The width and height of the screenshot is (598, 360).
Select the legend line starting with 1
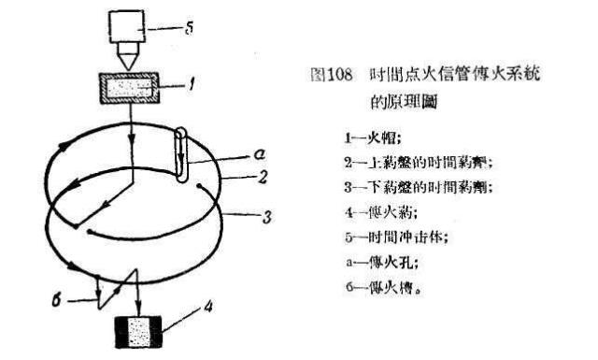pos(363,136)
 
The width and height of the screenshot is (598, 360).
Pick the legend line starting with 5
pos(391,237)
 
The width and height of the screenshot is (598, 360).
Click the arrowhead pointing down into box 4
pos(138,309)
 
